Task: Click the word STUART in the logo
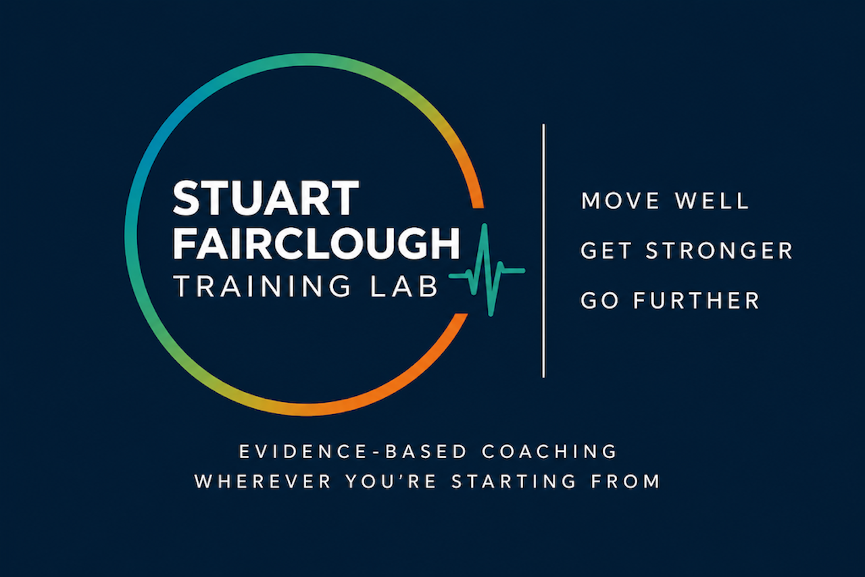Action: [x=266, y=198]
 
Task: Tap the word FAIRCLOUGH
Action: [x=316, y=243]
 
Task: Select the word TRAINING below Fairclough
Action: [x=262, y=286]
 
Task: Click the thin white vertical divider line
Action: [x=543, y=251]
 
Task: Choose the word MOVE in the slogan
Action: [x=620, y=201]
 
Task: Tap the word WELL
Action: [x=712, y=201]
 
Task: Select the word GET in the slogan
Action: [x=606, y=250]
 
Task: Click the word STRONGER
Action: [x=719, y=250]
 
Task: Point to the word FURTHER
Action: [x=696, y=300]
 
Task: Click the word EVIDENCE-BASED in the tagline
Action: [x=353, y=451]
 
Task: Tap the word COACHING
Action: [x=549, y=451]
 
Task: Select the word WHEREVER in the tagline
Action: [x=263, y=482]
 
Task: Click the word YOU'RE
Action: [x=391, y=482]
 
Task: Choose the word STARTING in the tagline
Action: [x=514, y=482]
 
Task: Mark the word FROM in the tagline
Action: [x=626, y=482]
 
